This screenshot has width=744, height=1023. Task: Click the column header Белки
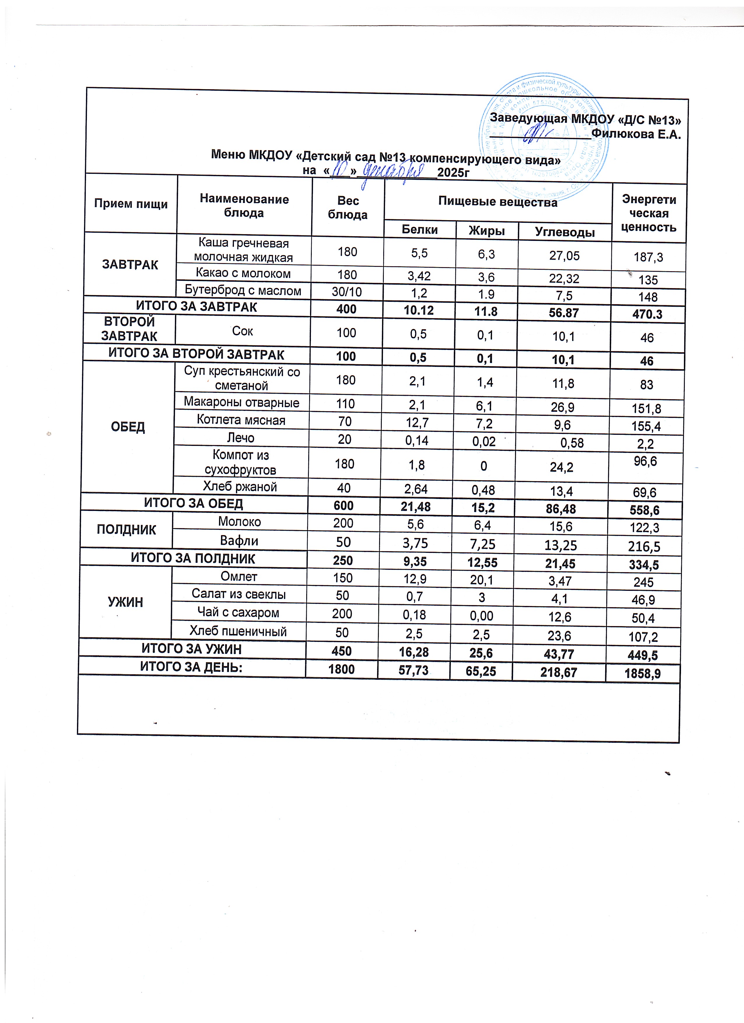pyautogui.click(x=420, y=229)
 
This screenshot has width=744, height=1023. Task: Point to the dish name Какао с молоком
pyautogui.click(x=243, y=273)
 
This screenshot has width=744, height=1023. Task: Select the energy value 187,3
pyautogui.click(x=648, y=257)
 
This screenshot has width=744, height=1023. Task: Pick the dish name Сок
pyautogui.click(x=242, y=331)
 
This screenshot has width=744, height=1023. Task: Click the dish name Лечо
pyautogui.click(x=241, y=437)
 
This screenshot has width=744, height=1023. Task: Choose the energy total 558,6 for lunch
pyautogui.click(x=644, y=510)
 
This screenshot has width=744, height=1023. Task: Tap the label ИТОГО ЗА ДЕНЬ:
pyautogui.click(x=191, y=667)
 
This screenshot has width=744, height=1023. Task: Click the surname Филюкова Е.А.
pyautogui.click(x=636, y=134)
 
